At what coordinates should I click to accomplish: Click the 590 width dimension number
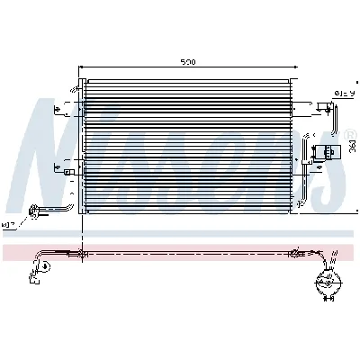(x=187, y=63)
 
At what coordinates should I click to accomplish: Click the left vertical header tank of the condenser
(x=83, y=148)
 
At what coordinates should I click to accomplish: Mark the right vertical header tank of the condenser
(x=305, y=148)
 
